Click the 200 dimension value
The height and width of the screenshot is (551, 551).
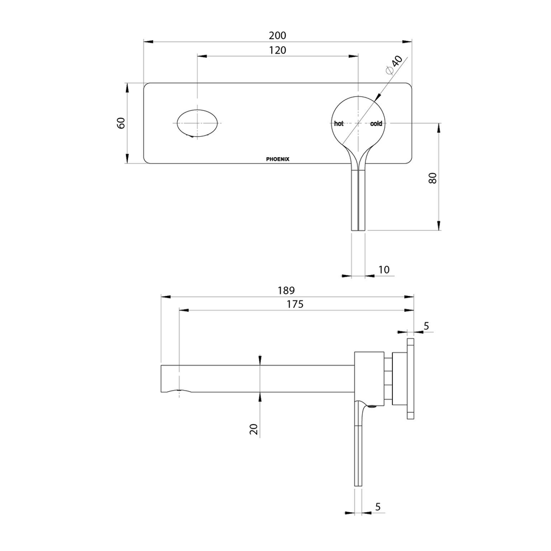tap(278, 36)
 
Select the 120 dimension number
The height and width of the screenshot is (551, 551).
tap(278, 50)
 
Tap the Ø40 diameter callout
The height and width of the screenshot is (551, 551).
tap(394, 65)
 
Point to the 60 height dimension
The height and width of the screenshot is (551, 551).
tap(121, 123)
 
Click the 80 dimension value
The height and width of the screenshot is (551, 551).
tap(433, 178)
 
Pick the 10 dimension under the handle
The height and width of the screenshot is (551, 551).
tap(384, 270)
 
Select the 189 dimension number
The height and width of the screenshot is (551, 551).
tap(286, 290)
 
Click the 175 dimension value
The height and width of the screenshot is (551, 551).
tap(295, 304)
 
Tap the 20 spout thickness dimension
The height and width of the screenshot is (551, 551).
tap(254, 429)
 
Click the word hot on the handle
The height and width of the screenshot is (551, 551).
tap(339, 123)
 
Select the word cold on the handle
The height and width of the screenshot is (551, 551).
tap(376, 123)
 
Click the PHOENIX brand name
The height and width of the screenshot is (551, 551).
tap(278, 159)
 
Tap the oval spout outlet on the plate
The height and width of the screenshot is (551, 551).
tap(197, 123)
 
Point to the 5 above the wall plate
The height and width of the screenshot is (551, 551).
tap(426, 326)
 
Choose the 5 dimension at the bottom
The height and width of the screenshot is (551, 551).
tap(378, 507)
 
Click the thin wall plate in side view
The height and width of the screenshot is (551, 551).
tap(411, 378)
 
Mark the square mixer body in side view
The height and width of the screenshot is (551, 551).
tap(369, 379)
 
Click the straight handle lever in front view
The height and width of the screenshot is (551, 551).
tap(358, 200)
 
